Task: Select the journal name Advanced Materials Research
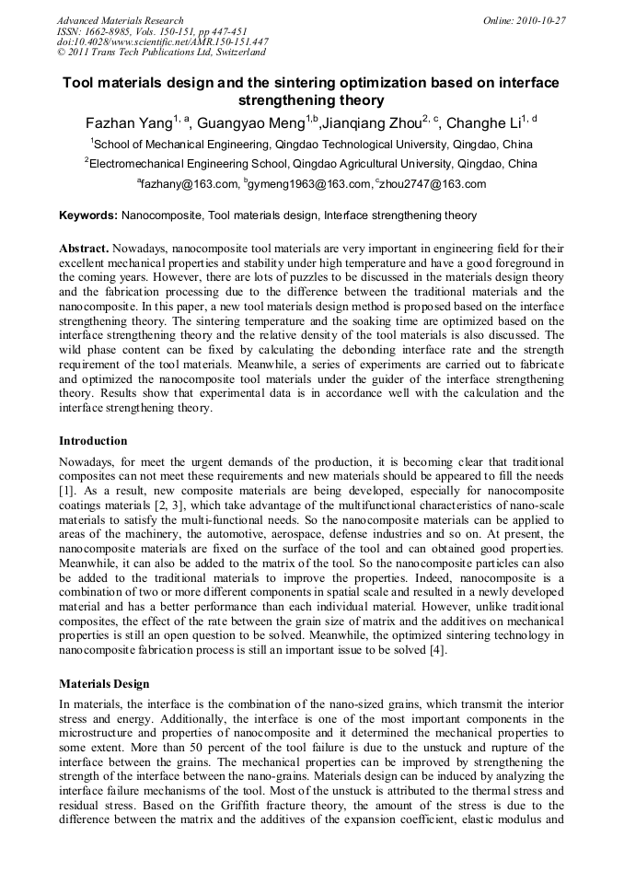[120, 20]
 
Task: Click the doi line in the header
[162, 41]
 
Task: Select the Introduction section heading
[93, 441]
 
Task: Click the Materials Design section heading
[104, 684]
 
